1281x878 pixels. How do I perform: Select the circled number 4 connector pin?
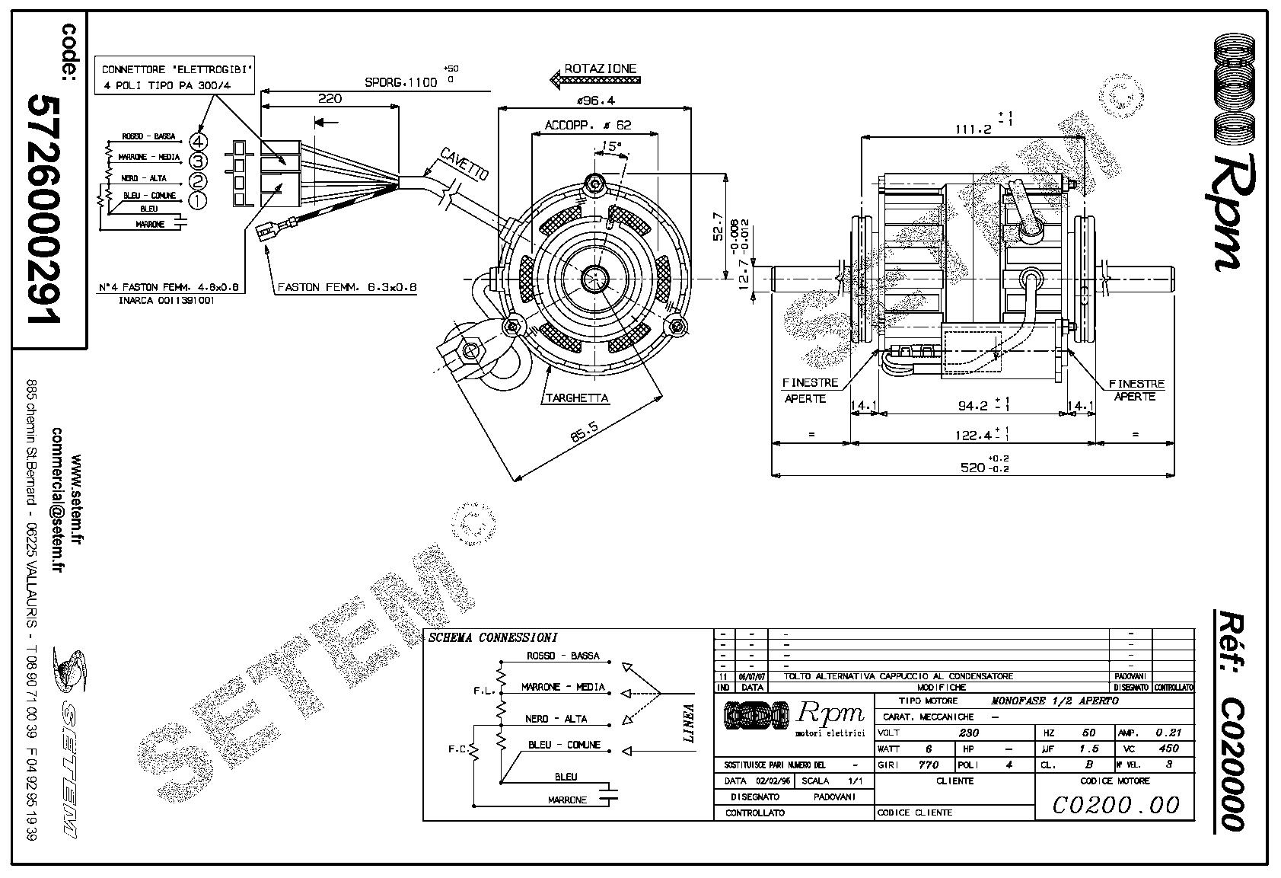(x=199, y=141)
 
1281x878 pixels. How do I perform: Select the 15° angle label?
(x=610, y=145)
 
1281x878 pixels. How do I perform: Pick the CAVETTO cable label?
(x=464, y=164)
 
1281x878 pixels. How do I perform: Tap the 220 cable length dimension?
(x=330, y=98)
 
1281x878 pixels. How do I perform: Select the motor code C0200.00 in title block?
(x=1115, y=805)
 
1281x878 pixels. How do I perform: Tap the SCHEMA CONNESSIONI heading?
(x=492, y=637)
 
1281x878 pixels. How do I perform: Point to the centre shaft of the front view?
(x=593, y=279)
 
